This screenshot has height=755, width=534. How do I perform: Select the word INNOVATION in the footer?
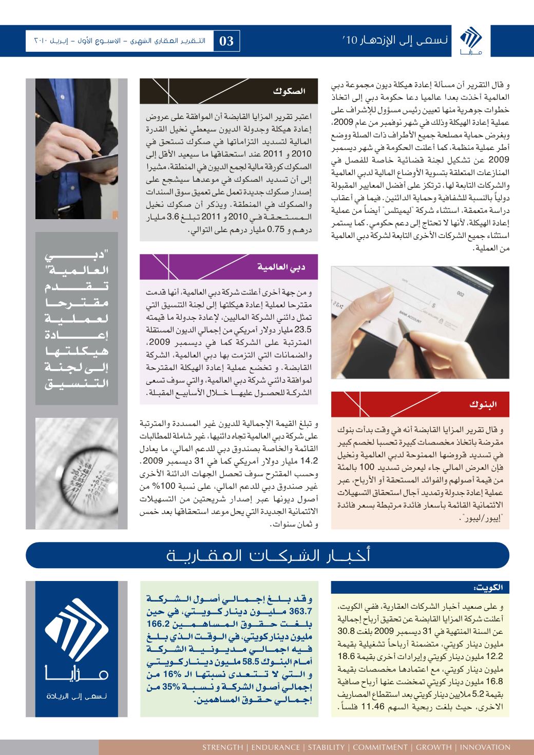[x=485, y=747]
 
